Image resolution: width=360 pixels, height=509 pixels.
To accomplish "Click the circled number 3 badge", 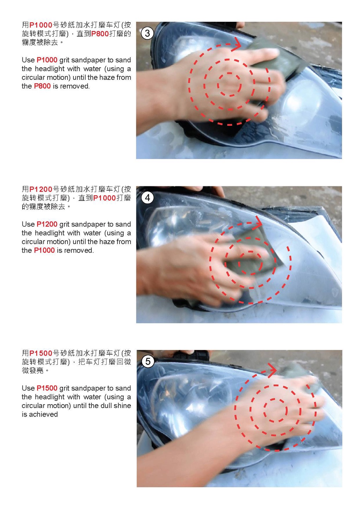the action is (147, 33).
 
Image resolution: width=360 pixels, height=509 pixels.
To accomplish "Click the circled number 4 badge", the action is (147, 198).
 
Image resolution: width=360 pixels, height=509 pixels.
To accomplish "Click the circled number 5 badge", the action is (148, 362).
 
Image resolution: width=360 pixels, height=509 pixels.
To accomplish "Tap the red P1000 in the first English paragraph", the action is (47, 60).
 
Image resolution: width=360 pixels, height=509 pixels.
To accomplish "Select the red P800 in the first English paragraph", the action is (42, 86).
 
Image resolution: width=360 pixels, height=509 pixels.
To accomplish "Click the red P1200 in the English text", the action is (47, 224).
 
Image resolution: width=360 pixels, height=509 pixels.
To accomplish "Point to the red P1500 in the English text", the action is (47, 388).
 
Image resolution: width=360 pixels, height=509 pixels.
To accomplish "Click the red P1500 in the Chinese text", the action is (41, 354).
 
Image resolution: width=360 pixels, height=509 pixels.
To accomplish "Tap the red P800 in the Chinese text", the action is (100, 34).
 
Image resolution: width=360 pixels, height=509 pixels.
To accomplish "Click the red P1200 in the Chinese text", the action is (41, 189).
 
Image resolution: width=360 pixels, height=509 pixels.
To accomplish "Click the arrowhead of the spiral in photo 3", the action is (237, 44).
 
